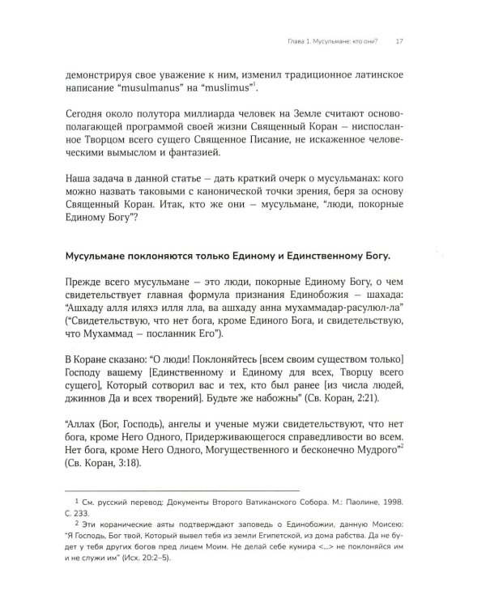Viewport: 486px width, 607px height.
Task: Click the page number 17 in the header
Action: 399,39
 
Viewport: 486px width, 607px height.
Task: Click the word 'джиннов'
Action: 93,400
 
